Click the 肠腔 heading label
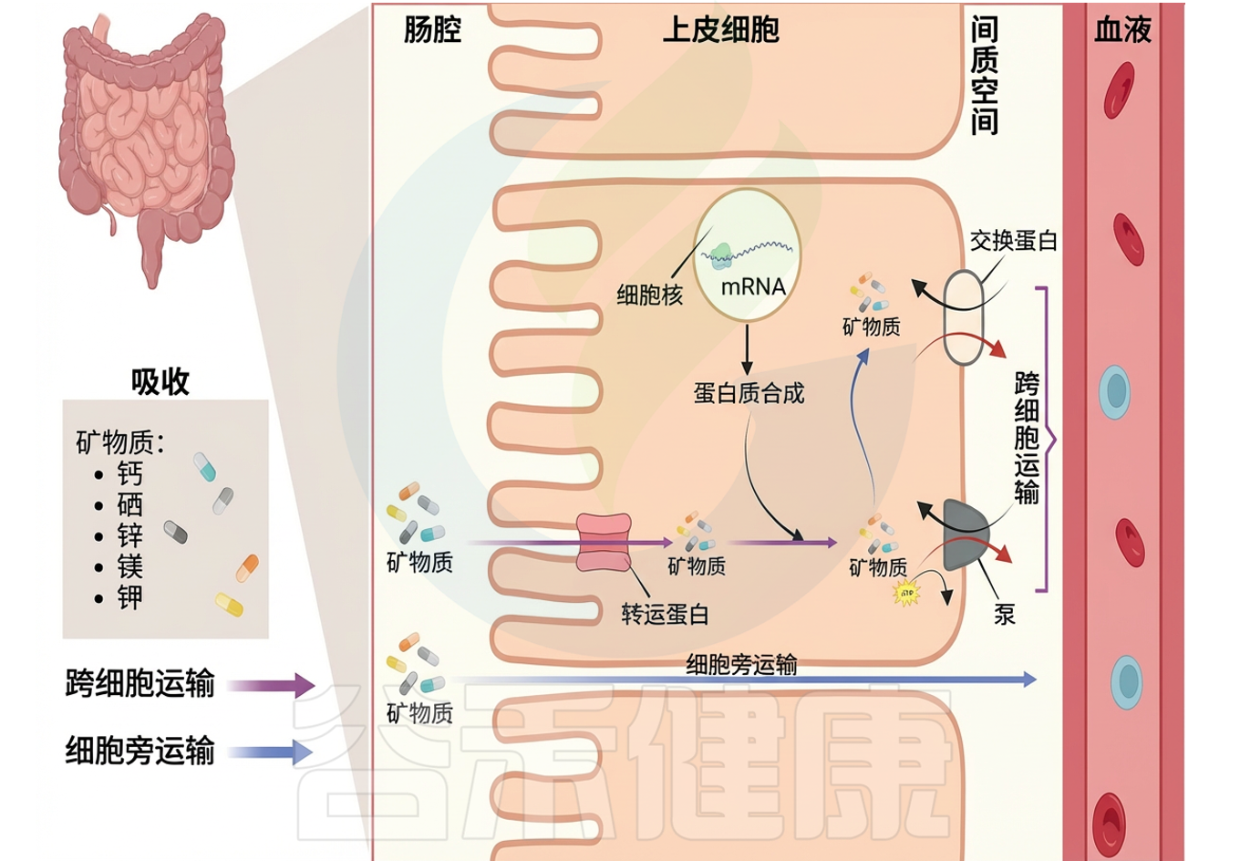pyautogui.click(x=432, y=30)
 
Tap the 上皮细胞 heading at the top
pyautogui.click(x=720, y=30)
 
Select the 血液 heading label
pyautogui.click(x=1122, y=30)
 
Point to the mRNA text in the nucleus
pyautogui.click(x=753, y=286)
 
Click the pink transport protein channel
pyautogui.click(x=604, y=543)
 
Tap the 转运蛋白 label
pyautogui.click(x=665, y=615)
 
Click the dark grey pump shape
pyautogui.click(x=965, y=534)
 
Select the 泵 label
pyautogui.click(x=1004, y=615)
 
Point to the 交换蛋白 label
pyautogui.click(x=1013, y=241)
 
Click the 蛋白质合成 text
pyautogui.click(x=749, y=394)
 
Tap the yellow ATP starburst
pyautogui.click(x=906, y=594)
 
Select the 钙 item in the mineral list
pyautogui.click(x=130, y=473)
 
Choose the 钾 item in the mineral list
pyautogui.click(x=130, y=598)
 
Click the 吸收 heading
pyautogui.click(x=160, y=381)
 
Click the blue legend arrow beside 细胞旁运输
pyautogui.click(x=271, y=752)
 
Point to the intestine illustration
pyautogui.click(x=146, y=137)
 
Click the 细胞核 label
pyautogui.click(x=649, y=295)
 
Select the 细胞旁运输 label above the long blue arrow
pyautogui.click(x=741, y=664)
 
